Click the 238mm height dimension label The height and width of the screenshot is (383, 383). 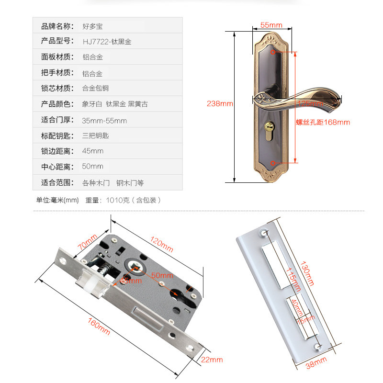pos(220,103)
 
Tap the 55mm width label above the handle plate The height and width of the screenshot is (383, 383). pos(271,25)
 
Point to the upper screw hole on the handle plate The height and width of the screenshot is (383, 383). pos(273,52)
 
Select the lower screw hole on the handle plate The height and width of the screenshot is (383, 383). pos(273,163)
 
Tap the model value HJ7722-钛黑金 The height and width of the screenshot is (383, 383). pos(107,42)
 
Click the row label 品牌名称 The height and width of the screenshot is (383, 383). pos(56,26)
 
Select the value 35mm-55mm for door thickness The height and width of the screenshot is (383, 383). pos(104,120)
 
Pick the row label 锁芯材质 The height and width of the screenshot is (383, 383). pos(56,88)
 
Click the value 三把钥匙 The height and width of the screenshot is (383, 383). pos(96,135)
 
